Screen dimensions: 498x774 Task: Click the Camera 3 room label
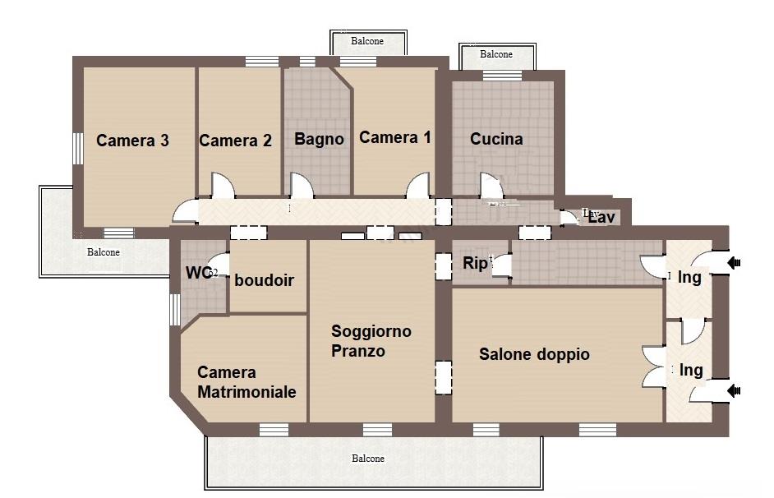click(132, 141)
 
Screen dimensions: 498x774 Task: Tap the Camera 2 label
click(235, 141)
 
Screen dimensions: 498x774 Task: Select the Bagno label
click(319, 139)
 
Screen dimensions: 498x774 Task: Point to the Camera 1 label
click(394, 137)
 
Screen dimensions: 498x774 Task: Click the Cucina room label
click(496, 139)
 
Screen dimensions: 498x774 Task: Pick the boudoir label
click(264, 280)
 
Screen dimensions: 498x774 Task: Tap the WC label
click(195, 272)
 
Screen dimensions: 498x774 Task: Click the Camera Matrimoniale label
click(246, 382)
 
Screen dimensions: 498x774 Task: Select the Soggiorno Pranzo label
click(371, 341)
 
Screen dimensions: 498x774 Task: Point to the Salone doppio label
click(534, 354)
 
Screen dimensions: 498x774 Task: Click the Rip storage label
click(475, 263)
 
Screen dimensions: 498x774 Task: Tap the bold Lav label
click(602, 219)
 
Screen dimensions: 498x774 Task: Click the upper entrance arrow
click(735, 262)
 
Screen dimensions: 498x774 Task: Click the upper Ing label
click(689, 277)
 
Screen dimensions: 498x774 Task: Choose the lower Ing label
click(691, 370)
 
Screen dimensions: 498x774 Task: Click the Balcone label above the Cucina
click(495, 54)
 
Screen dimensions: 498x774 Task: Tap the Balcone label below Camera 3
click(104, 252)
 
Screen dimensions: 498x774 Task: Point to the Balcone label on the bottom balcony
click(367, 459)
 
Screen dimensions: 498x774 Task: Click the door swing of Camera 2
click(221, 185)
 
